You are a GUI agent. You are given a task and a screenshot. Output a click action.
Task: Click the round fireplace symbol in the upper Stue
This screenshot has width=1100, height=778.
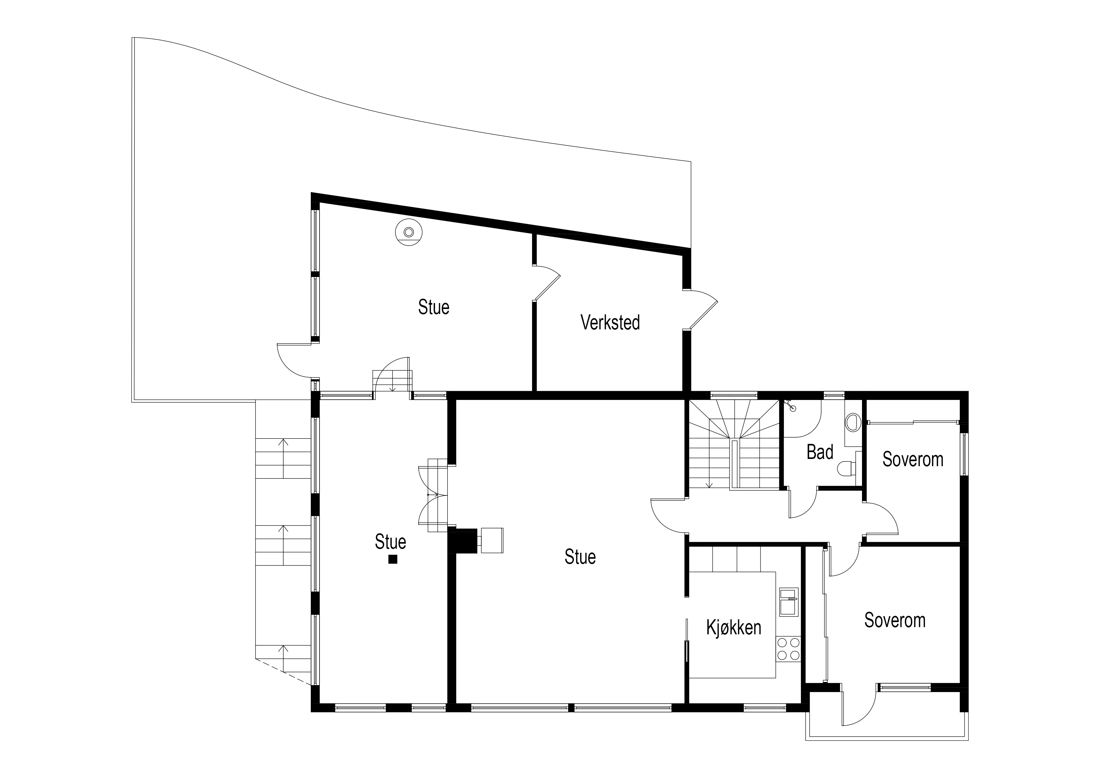pos(409,232)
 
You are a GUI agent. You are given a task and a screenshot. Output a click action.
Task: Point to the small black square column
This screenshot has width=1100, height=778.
pos(393,559)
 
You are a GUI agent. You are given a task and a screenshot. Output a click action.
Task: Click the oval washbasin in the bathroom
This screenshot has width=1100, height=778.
pos(852,422)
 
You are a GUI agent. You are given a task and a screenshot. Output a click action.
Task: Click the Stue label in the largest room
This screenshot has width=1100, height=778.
pos(580,557)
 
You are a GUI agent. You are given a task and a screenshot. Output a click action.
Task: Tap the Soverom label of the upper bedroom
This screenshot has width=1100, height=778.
pos(913,459)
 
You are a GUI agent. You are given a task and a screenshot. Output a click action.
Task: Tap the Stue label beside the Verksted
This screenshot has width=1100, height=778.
pos(434,307)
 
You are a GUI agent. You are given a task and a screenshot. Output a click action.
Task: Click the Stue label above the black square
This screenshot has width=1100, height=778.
pos(390,542)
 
